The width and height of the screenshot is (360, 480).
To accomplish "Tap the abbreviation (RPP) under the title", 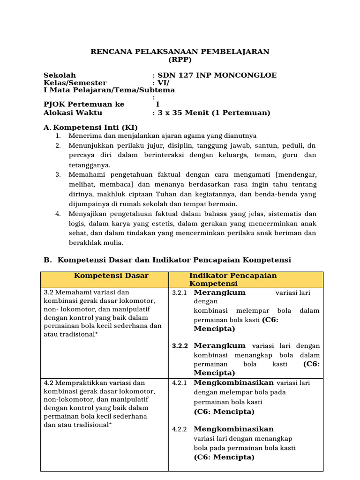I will (x=180, y=60).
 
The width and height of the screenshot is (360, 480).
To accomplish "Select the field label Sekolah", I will (x=60, y=75).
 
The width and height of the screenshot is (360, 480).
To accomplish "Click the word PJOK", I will (x=53, y=105).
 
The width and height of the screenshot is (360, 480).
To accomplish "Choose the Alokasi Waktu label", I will (x=73, y=112).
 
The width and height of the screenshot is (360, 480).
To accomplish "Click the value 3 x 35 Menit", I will (x=184, y=112).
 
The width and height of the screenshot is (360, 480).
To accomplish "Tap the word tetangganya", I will (x=90, y=165).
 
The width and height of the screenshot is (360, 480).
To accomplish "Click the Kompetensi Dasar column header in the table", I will (x=105, y=276).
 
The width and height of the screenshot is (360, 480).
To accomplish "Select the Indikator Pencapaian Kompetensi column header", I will (x=233, y=279).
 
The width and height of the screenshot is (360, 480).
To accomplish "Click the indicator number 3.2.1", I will (x=180, y=293).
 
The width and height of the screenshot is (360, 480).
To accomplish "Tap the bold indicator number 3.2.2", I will (x=180, y=346).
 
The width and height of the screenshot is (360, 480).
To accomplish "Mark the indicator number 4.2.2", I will (x=180, y=429).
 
